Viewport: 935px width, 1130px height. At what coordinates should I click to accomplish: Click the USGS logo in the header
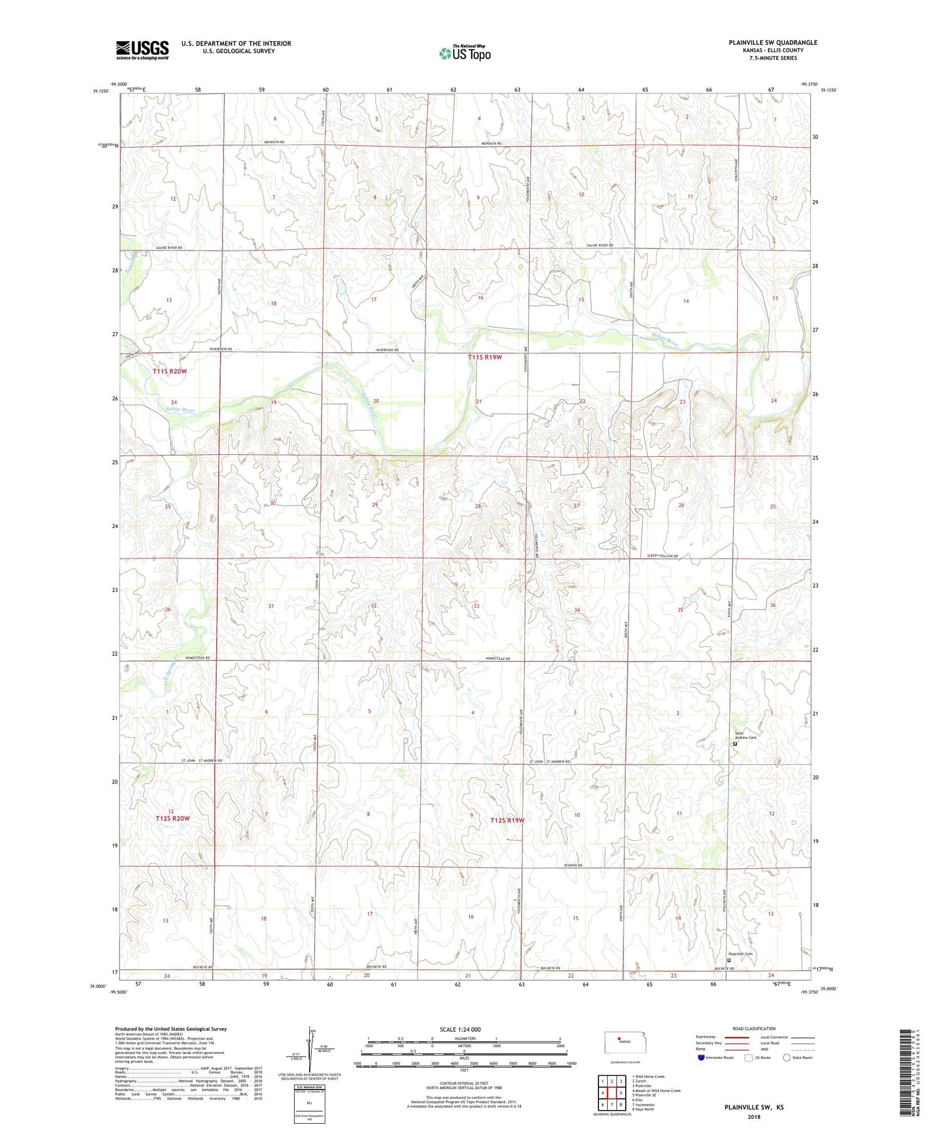pos(142,50)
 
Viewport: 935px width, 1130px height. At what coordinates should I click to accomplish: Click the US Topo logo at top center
pos(465,54)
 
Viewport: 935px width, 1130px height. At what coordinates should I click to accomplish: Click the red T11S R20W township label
pos(170,371)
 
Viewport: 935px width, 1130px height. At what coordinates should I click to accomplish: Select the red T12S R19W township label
pos(507,820)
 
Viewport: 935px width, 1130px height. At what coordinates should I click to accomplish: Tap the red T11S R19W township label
pos(484,357)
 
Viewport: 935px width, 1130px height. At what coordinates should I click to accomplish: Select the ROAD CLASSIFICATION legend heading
pos(754,1028)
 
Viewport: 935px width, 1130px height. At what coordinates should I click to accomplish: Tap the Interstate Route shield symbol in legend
pos(701,1058)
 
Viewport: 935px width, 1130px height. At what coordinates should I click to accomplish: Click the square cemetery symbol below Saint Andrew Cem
pos(735,744)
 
